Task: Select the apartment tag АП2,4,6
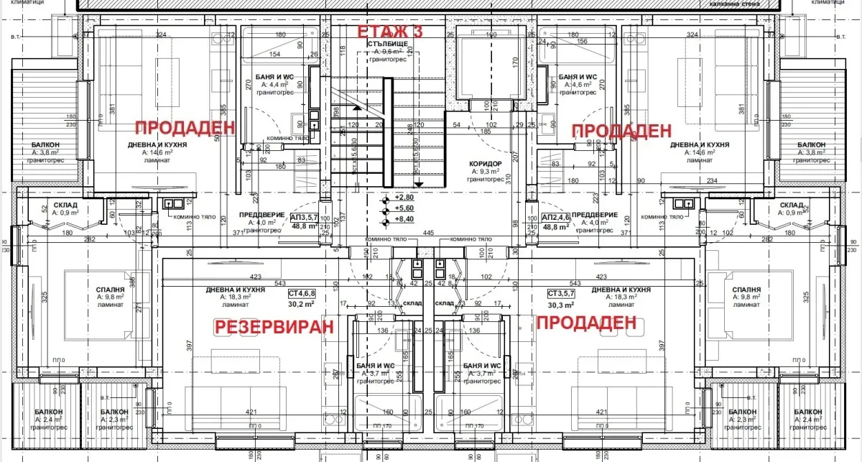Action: coord(556,217)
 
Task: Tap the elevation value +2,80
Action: coord(405,197)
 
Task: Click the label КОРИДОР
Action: coord(486,163)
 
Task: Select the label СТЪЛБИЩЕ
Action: coord(388,43)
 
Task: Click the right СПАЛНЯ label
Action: coord(746,290)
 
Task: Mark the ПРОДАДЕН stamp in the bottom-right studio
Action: coord(586,323)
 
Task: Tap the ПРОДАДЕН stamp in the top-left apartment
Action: coord(185,127)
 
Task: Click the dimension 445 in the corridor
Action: coord(429,233)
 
